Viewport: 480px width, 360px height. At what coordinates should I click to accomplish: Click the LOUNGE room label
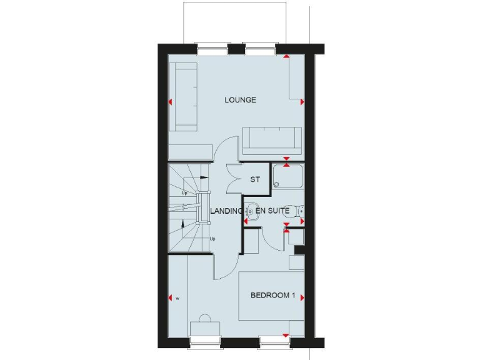pos(240,100)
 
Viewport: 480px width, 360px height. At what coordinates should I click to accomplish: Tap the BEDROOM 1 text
pos(272,296)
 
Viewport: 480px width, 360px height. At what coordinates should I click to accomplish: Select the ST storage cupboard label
pos(255,180)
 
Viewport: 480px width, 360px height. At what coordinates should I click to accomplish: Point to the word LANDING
pos(226,212)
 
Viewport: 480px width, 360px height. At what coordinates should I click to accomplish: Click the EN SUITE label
pos(271,212)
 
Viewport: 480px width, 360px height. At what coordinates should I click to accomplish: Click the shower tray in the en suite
pos(288,176)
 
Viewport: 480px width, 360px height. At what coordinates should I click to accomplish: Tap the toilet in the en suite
pos(299,211)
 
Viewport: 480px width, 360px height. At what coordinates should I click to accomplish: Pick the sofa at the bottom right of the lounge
pos(272,140)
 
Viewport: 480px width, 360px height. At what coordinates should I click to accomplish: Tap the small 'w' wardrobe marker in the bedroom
pos(177,298)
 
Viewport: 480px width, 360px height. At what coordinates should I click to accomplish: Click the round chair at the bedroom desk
pos(203,319)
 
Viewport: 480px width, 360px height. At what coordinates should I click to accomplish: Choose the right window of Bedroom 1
pos(276,342)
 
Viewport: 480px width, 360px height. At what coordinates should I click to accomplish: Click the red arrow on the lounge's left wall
pos(171,101)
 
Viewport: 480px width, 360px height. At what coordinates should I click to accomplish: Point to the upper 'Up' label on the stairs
pos(184,192)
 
